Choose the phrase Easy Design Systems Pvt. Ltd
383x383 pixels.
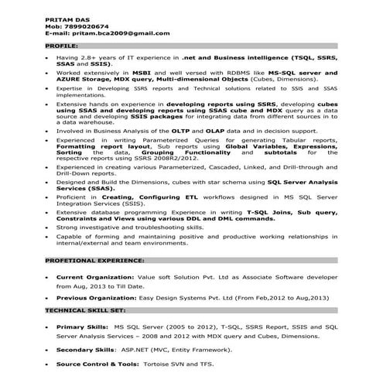(190, 298)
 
